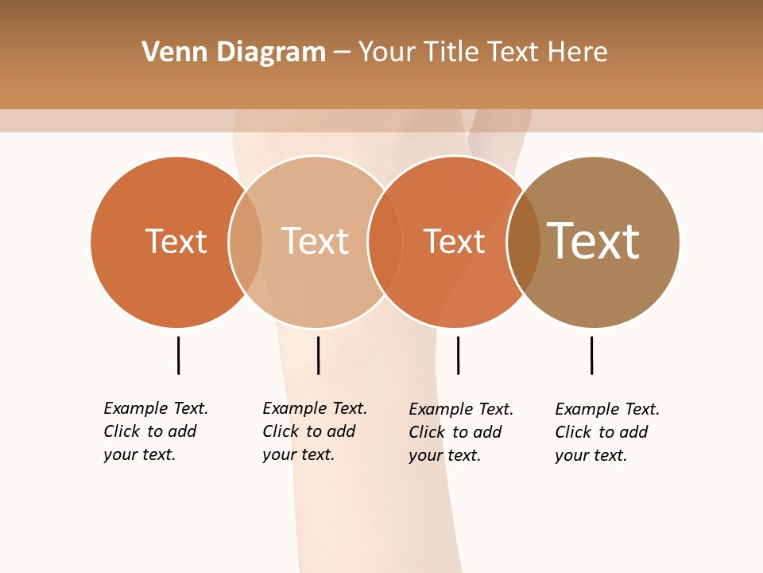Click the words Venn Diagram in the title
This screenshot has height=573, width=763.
pyautogui.click(x=234, y=53)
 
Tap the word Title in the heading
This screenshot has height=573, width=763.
pyautogui.click(x=451, y=53)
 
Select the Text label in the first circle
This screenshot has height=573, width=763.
pyautogui.click(x=176, y=241)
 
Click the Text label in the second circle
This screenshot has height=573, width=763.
pyautogui.click(x=316, y=241)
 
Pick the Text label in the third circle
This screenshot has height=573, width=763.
pyautogui.click(x=454, y=241)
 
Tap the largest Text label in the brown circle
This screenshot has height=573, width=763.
pyautogui.click(x=594, y=241)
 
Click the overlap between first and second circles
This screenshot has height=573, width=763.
pyautogui.click(x=246, y=242)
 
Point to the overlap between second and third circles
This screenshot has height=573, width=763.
pyautogui.click(x=385, y=242)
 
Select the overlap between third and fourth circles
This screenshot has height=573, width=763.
pyautogui.click(x=524, y=242)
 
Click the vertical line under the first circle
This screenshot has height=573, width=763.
pyautogui.click(x=178, y=355)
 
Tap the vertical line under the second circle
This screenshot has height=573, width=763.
pyautogui.click(x=318, y=355)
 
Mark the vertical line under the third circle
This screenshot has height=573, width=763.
pyautogui.click(x=458, y=355)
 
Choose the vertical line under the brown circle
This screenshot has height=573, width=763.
pyautogui.click(x=591, y=355)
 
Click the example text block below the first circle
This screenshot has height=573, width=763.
pyautogui.click(x=156, y=431)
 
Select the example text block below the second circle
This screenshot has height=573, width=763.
pyautogui.click(x=315, y=431)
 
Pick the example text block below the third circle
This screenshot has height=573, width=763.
pyautogui.click(x=461, y=432)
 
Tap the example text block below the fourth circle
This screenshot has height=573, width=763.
pyautogui.click(x=607, y=432)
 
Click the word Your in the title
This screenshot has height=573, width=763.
pyautogui.click(x=387, y=53)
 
